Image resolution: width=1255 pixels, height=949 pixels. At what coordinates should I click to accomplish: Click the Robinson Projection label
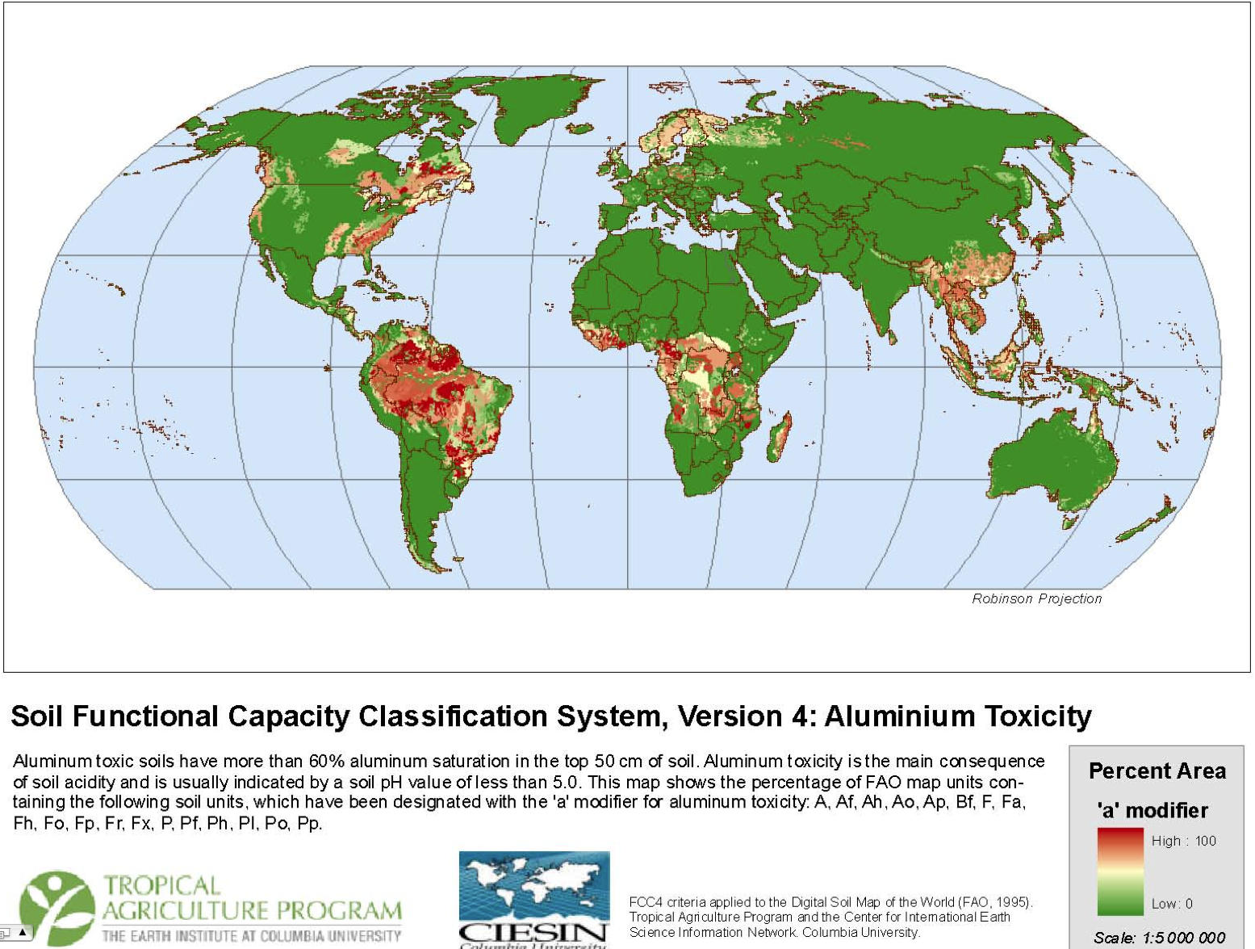click(x=1036, y=598)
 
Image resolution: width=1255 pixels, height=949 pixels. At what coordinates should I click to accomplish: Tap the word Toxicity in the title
click(x=1038, y=716)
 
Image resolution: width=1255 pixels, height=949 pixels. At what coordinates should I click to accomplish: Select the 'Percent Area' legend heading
click(x=1157, y=771)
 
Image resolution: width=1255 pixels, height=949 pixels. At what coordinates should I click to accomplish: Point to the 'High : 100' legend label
click(x=1183, y=841)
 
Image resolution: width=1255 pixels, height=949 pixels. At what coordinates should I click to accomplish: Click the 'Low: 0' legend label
click(x=1172, y=903)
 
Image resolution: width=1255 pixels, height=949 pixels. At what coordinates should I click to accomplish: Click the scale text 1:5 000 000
click(x=1183, y=938)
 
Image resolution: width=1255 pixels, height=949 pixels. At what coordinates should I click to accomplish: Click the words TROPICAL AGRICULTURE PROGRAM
click(x=252, y=898)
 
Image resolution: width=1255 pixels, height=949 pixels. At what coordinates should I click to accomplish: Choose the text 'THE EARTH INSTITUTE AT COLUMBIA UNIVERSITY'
click(x=251, y=936)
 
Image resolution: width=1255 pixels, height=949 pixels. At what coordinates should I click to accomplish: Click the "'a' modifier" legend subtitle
click(x=1152, y=810)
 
